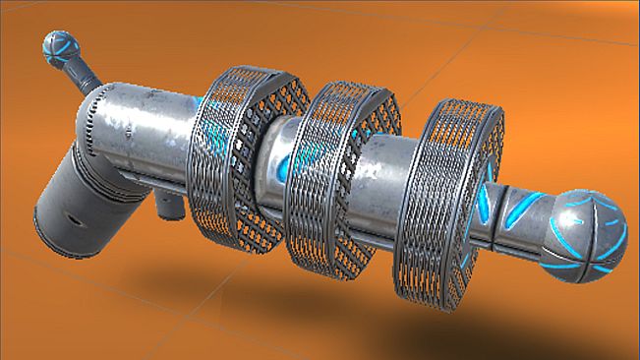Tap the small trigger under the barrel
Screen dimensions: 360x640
click(169, 205)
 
